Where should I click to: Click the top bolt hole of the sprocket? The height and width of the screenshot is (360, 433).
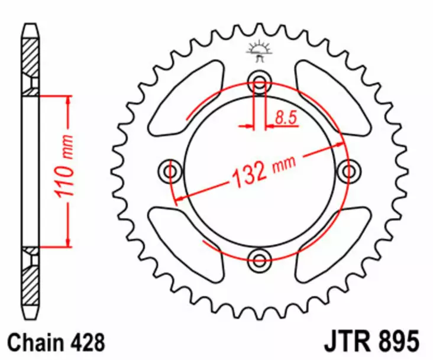(259, 83)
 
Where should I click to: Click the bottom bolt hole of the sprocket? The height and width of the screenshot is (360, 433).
(259, 258)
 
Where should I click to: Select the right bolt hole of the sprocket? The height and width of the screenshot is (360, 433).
(347, 171)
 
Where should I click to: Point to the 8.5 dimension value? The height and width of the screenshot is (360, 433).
(285, 118)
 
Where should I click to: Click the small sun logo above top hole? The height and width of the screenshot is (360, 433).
(258, 50)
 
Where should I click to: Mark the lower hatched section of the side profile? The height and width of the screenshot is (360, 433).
(30, 283)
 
